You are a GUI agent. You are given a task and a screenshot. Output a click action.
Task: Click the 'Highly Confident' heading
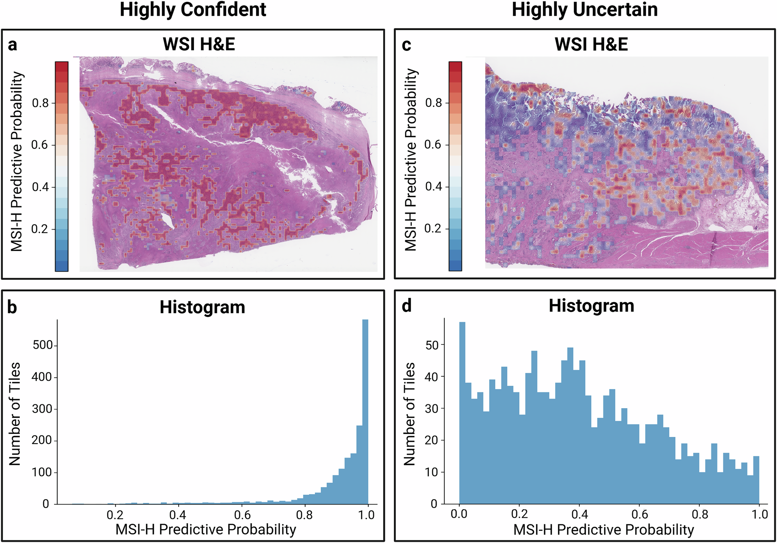(193, 10)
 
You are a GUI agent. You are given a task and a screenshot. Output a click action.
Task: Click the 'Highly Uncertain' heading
(584, 10)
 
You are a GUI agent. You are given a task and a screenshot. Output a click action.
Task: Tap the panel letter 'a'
(12, 45)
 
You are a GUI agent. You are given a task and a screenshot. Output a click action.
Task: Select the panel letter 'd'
(406, 306)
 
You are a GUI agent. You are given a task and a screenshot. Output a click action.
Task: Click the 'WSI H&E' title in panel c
(591, 44)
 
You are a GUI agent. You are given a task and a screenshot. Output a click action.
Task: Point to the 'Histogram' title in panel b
(202, 307)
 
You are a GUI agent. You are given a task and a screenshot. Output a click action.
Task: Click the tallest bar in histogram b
(365, 412)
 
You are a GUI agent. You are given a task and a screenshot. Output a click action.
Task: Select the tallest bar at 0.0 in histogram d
(462, 412)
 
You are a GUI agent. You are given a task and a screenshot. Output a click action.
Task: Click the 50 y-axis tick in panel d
(432, 345)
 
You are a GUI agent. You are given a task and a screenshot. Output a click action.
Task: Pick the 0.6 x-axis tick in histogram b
(242, 515)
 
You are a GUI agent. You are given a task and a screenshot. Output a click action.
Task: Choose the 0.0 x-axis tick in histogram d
(459, 514)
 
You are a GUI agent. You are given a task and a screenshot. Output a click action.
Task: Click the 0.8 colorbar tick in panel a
(40, 103)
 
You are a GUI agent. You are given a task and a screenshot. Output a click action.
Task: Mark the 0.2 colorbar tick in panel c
(433, 229)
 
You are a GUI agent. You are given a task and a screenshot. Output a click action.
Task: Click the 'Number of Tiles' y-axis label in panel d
(409, 414)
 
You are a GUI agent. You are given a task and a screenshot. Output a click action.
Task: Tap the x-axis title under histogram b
(206, 529)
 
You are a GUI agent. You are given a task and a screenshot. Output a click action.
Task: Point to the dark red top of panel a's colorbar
(61, 66)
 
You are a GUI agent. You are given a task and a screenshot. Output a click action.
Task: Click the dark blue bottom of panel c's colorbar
(455, 266)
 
